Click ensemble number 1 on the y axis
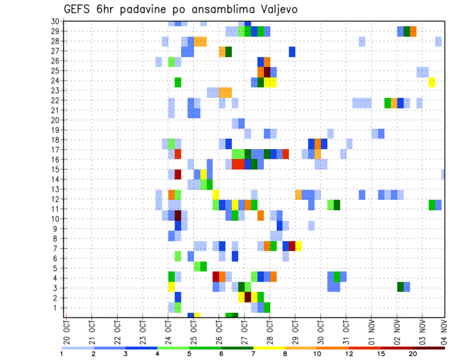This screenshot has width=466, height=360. point(56,308)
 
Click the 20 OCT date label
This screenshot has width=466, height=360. point(66,330)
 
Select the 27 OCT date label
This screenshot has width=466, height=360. point(244,330)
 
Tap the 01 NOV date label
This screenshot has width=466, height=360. point(371,330)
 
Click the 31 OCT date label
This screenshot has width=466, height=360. point(346,330)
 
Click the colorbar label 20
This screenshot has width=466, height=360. point(413,354)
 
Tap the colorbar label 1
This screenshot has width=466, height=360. point(62,354)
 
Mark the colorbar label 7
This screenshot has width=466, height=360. point(253,354)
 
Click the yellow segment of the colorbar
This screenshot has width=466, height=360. point(269,348)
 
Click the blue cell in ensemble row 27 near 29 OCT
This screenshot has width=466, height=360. point(292,51)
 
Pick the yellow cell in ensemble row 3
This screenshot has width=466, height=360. point(171,287)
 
